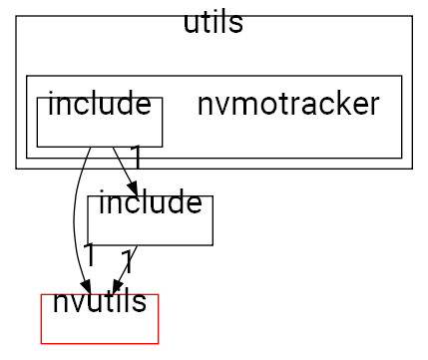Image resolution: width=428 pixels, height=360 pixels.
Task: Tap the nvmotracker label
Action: [x=288, y=104]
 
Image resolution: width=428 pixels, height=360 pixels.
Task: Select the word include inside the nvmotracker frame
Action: [x=99, y=104]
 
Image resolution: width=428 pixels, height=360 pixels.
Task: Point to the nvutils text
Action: [x=99, y=301]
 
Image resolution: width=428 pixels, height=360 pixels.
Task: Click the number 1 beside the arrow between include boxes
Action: [x=135, y=157]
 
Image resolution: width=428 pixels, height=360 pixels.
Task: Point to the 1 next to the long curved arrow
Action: [x=89, y=254]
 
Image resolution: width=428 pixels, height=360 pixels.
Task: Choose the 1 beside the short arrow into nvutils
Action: [x=126, y=263]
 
